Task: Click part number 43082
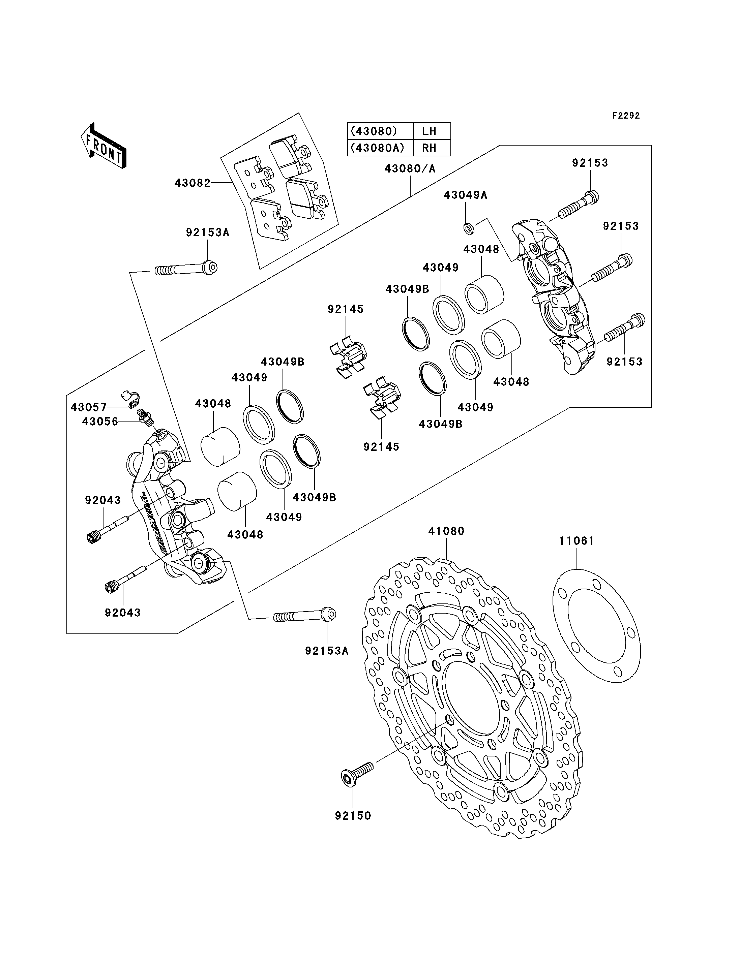pos(193,183)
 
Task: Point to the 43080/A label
pos(410,168)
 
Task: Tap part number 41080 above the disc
pos(446,531)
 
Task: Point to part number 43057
pos(89,407)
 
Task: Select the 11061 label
pos(577,541)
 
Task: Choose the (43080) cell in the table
pos(374,131)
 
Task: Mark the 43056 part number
pos(100,422)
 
